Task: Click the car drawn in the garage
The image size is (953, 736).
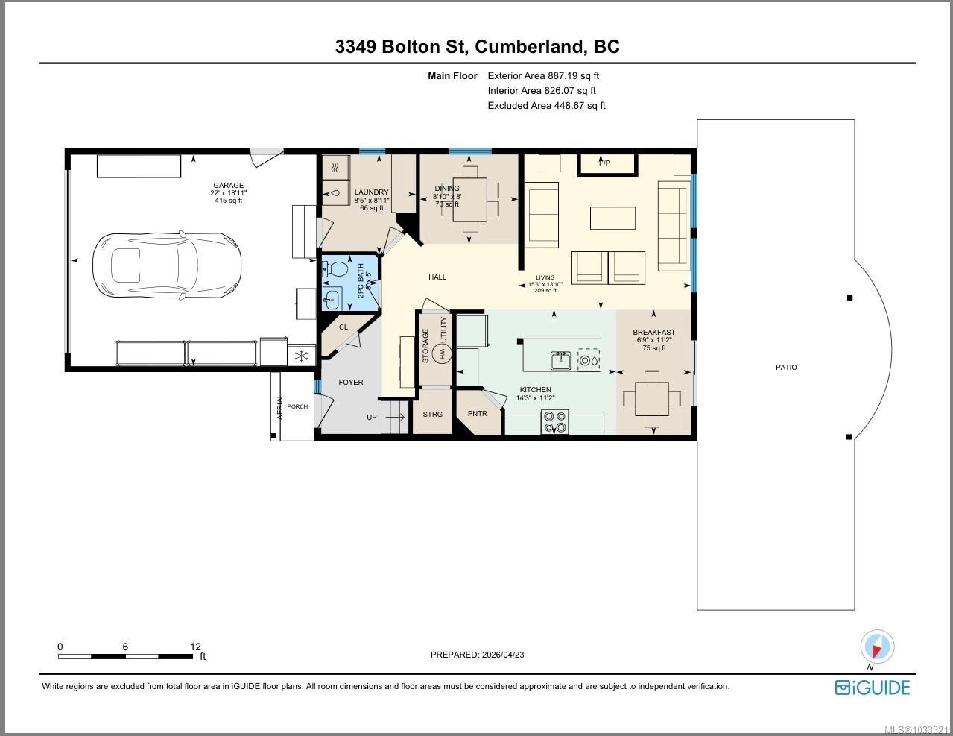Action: tap(166, 264)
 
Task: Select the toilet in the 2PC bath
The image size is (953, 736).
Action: tap(332, 271)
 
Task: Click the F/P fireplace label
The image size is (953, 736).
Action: tap(605, 163)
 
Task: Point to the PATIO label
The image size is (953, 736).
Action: tap(786, 367)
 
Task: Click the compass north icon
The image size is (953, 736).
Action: tap(876, 647)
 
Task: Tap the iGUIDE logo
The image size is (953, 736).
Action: tap(873, 687)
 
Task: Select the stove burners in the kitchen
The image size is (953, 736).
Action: tap(554, 422)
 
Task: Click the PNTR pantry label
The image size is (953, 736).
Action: tap(477, 414)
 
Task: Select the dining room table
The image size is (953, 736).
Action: tap(469, 198)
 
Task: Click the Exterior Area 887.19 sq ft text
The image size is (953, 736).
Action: tap(543, 75)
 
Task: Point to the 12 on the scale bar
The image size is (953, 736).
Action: tap(195, 647)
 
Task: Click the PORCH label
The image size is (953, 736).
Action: tap(297, 406)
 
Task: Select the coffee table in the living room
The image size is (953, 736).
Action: tap(612, 218)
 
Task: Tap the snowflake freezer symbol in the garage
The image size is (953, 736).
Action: tap(301, 356)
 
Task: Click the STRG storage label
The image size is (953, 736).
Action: tap(432, 414)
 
